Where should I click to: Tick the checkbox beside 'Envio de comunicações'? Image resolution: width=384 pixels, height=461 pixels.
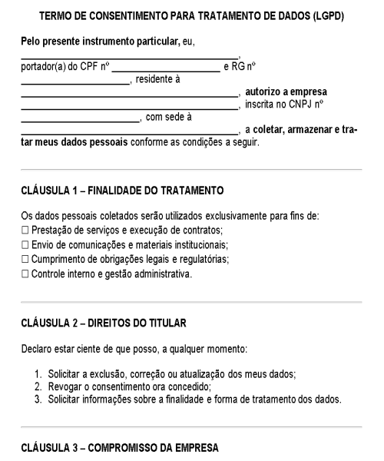25,246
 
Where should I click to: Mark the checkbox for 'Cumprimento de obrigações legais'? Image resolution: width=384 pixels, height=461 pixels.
25,260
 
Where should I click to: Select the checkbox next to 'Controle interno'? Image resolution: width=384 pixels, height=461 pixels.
25,274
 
